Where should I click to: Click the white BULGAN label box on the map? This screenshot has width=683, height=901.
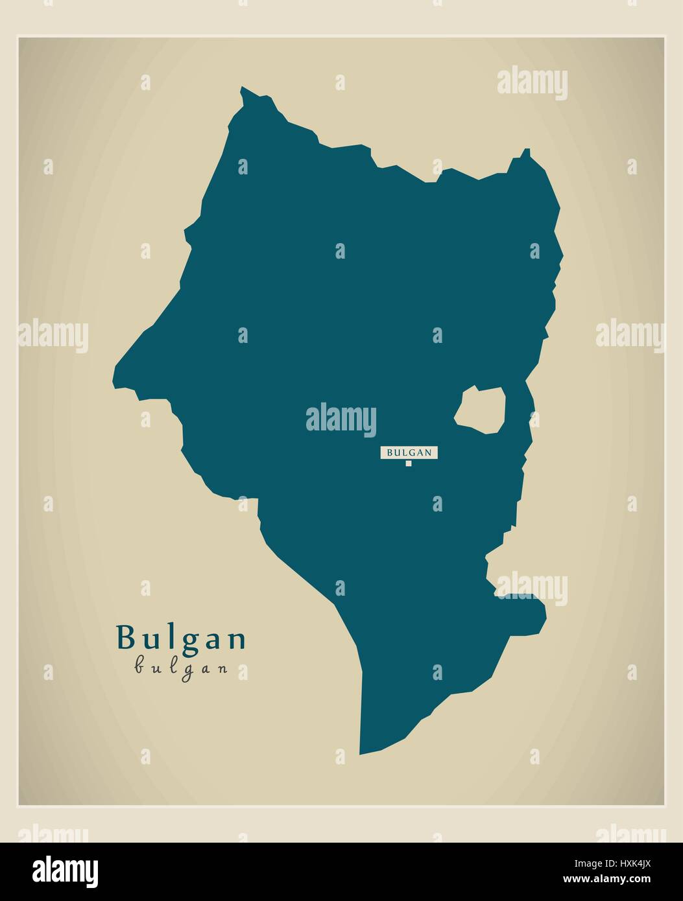pos(409,452)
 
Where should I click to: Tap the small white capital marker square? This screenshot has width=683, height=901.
pos(409,463)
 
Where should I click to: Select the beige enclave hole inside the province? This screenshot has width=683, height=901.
pos(481,410)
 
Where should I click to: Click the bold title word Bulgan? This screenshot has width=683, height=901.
pos(181,638)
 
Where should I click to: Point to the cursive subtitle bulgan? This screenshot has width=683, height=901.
pos(181,668)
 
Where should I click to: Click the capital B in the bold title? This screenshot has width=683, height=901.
pos(125,638)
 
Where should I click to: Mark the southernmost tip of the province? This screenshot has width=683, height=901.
pos(361,754)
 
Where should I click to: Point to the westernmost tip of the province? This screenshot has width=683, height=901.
pos(114,382)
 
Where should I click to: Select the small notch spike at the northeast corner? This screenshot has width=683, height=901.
pos(527,152)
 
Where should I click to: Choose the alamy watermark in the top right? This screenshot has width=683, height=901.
pos(532,83)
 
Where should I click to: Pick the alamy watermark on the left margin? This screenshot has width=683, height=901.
pos(53,335)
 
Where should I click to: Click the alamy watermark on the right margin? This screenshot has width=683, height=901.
pos(630,335)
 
